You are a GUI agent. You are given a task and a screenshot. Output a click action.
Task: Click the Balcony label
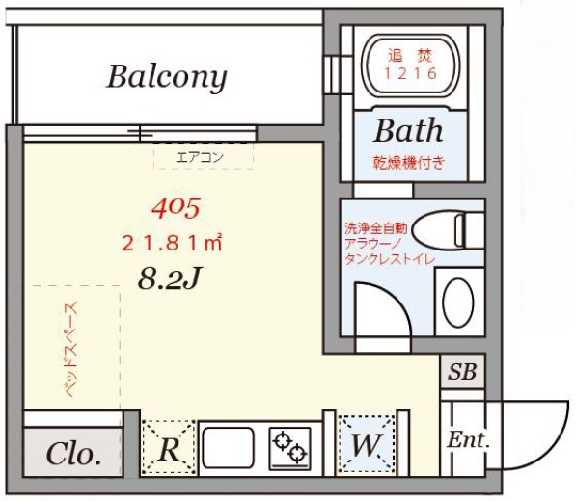pyautogui.click(x=167, y=76)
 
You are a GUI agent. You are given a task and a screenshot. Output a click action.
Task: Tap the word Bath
pyautogui.click(x=408, y=130)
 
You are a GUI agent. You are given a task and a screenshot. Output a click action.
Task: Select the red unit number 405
pyautogui.click(x=176, y=206)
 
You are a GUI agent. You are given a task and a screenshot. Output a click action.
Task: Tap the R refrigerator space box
pyautogui.click(x=168, y=448)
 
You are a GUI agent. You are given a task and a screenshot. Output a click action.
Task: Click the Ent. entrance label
pyautogui.click(x=469, y=441)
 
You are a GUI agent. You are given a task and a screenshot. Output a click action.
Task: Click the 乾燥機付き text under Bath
pyautogui.click(x=409, y=162)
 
